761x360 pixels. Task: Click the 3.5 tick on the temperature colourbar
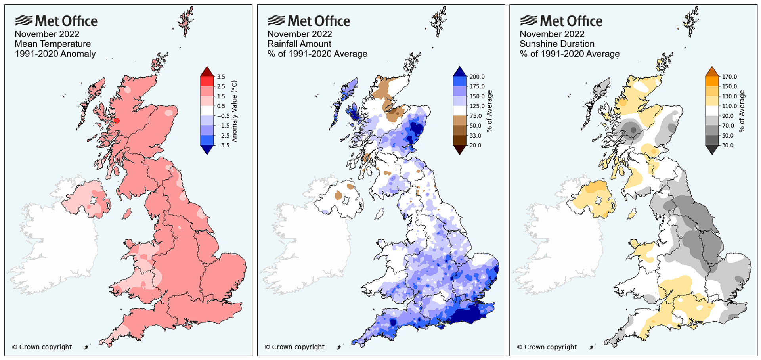pyautogui.click(x=221, y=77)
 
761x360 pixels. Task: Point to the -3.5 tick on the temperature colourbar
pyautogui.click(x=223, y=145)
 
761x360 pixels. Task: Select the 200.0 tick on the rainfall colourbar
pyautogui.click(x=477, y=77)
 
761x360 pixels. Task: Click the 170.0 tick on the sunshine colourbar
pyautogui.click(x=729, y=77)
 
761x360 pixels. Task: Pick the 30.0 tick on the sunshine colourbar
pyautogui.click(x=728, y=145)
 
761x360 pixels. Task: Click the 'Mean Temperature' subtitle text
pyautogui.click(x=53, y=44)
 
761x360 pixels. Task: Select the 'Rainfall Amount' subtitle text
pyautogui.click(x=299, y=44)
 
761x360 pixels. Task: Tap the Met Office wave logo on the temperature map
pyautogui.click(x=23, y=21)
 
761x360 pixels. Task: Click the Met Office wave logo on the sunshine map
pyautogui.click(x=528, y=21)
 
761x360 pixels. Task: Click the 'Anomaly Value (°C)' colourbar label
pyautogui.click(x=234, y=111)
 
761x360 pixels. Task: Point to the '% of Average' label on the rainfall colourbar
pyautogui.click(x=489, y=111)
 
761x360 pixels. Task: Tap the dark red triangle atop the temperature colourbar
pyautogui.click(x=207, y=72)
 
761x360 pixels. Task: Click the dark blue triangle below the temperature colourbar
pyautogui.click(x=207, y=149)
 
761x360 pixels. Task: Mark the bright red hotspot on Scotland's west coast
pyautogui.click(x=117, y=121)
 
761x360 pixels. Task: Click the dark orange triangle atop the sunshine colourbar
pyautogui.click(x=712, y=72)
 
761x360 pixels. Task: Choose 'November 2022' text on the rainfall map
pyautogui.click(x=300, y=34)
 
